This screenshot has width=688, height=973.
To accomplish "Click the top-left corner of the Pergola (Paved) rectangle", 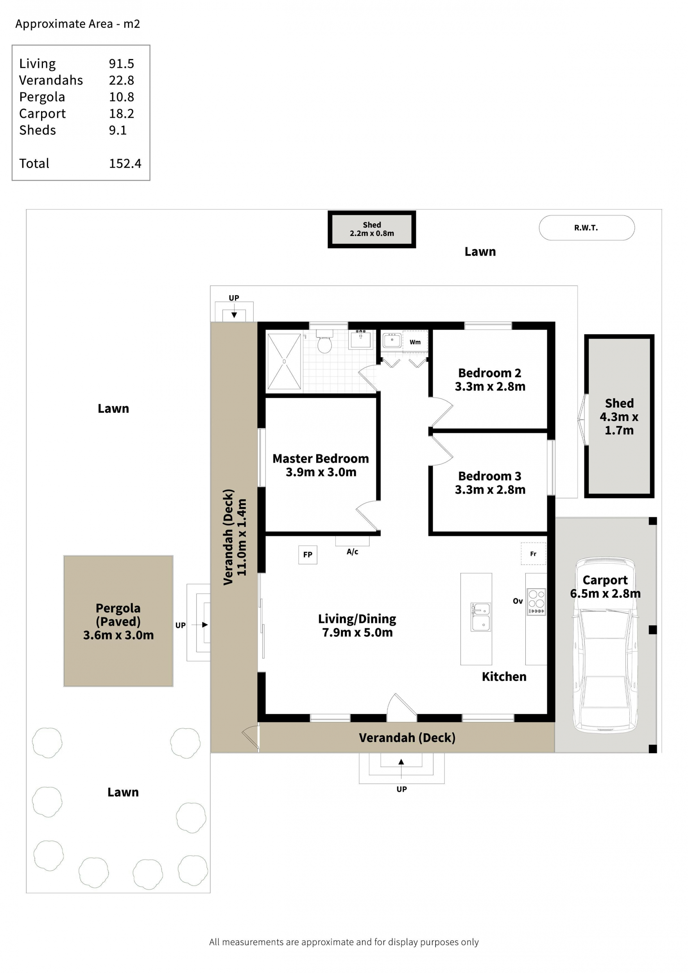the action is point(64,555).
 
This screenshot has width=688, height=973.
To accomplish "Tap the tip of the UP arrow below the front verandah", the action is point(401,759).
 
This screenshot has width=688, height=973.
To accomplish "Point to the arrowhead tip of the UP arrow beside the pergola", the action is point(208,625).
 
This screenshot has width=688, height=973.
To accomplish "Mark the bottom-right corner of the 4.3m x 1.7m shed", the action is point(654,497).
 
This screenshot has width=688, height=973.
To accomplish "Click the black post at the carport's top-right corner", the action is point(653,521).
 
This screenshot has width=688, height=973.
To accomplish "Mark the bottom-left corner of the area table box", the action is point(12,180).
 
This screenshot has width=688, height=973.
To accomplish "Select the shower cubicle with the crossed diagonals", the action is point(284,362).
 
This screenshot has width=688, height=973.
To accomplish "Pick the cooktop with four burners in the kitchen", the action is point(536,601).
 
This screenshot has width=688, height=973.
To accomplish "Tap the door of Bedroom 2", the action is point(441,412).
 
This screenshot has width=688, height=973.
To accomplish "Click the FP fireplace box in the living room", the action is point(308,554).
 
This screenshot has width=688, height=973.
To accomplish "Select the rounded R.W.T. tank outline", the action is point(587,228).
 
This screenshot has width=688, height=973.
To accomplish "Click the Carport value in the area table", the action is point(122,114).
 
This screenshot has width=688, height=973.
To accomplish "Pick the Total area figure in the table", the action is point(125,163).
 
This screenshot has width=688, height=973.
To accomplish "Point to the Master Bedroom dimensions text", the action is point(321,472).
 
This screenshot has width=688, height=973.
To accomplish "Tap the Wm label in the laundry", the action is point(415,342).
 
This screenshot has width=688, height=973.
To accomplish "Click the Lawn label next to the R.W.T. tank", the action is point(480,251).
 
